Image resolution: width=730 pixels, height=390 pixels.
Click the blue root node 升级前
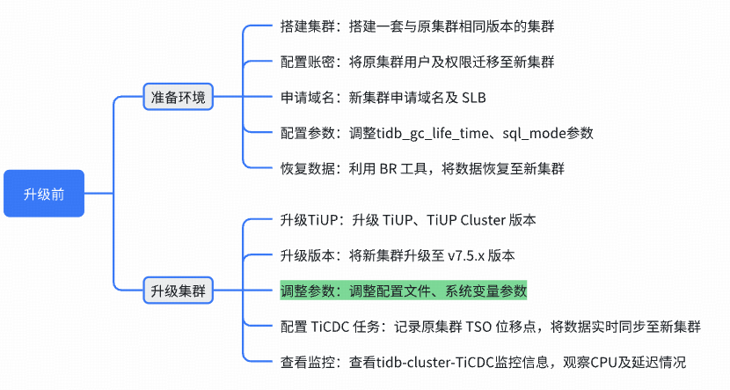(44, 194)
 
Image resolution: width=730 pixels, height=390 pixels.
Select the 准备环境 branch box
(179, 97)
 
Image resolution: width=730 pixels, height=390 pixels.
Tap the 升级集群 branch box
(179, 291)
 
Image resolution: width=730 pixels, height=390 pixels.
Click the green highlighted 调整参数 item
(403, 291)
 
